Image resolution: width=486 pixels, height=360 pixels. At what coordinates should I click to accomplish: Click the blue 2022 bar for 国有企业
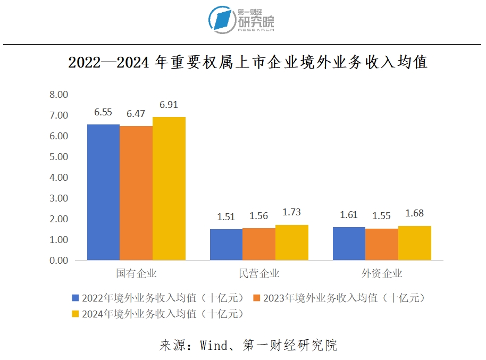(103, 192)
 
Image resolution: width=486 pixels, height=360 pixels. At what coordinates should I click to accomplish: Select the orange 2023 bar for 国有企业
(136, 193)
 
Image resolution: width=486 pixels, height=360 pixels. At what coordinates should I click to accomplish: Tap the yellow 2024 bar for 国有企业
(169, 188)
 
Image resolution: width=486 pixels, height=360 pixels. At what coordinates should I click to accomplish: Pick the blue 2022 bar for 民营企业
(226, 245)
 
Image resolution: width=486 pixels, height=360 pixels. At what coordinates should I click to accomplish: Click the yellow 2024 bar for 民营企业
(292, 242)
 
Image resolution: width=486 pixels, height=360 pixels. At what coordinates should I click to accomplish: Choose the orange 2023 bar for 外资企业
(382, 244)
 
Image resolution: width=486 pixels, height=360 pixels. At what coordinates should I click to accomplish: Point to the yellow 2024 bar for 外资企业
(415, 243)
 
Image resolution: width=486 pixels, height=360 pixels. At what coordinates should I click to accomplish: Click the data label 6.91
(169, 105)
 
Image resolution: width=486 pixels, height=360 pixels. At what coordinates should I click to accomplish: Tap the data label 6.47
(136, 114)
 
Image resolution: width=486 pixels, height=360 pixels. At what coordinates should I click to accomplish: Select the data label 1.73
(292, 212)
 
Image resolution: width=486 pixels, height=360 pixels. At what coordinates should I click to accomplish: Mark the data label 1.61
(349, 215)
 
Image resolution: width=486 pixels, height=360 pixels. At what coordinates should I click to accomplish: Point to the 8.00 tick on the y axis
(58, 95)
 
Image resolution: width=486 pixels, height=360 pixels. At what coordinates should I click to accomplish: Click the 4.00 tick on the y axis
(58, 178)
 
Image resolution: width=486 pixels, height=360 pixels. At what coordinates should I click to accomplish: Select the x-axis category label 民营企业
(259, 274)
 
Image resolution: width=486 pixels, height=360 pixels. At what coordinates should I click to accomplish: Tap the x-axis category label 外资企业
(382, 274)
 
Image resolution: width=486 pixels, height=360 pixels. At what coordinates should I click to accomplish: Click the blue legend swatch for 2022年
(76, 298)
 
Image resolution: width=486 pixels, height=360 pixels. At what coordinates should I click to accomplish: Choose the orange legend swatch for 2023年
(257, 298)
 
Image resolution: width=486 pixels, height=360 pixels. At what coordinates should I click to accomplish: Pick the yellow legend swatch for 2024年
(76, 314)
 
